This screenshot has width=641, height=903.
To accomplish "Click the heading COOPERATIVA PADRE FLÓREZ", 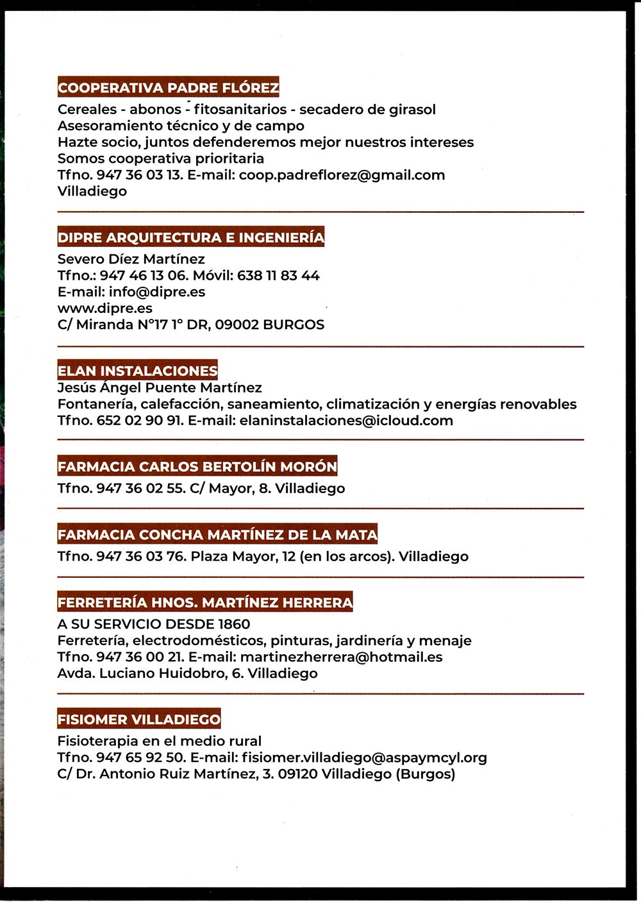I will [x=168, y=87].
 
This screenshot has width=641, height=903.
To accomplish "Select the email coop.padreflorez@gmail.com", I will [x=342, y=175].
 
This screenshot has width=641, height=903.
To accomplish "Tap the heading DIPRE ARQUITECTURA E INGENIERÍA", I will [x=191, y=237].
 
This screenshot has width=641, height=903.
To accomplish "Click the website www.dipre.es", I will [x=104, y=308].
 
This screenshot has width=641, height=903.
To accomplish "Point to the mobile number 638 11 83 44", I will [x=278, y=276].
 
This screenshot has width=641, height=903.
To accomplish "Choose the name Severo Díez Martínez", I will [x=131, y=259].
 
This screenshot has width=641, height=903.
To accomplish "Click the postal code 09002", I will [x=237, y=325].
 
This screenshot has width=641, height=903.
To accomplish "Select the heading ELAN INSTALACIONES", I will [x=137, y=371].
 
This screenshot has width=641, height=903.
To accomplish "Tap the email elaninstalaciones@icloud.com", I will [x=346, y=421].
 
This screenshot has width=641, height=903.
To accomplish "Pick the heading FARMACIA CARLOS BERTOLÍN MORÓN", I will [x=197, y=466].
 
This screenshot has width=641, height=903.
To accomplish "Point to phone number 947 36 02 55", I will [x=140, y=489].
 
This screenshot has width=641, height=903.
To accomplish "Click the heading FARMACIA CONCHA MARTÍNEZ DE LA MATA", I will [x=217, y=534].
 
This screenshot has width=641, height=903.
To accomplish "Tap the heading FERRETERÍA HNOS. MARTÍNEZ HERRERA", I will [x=204, y=602].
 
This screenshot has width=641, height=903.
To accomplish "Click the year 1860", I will [x=234, y=624].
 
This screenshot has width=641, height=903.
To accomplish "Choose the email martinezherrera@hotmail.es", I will [x=341, y=657].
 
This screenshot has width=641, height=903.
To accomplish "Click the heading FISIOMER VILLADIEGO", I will [x=138, y=719].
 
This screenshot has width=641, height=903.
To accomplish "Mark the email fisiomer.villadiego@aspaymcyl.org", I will [x=364, y=758].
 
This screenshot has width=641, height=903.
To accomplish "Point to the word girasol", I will [x=412, y=110].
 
